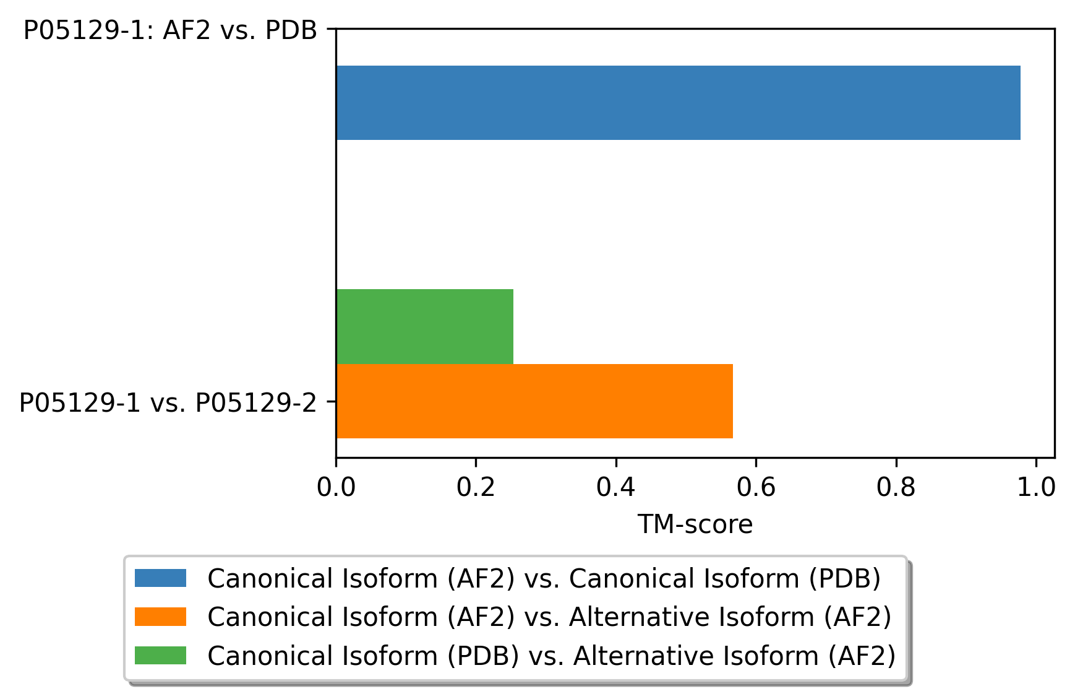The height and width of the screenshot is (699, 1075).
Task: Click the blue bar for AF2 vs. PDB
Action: click(678, 103)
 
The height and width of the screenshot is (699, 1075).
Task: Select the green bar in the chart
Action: click(425, 326)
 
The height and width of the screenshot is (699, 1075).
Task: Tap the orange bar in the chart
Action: click(534, 401)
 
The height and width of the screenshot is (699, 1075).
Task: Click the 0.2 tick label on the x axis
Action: click(476, 488)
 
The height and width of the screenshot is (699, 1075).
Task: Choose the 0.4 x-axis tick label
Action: click(616, 488)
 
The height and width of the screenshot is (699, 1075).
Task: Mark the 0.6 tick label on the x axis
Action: click(756, 488)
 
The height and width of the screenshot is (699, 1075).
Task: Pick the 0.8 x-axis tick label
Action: click(896, 488)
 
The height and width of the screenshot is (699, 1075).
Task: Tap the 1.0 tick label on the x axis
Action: click(1036, 488)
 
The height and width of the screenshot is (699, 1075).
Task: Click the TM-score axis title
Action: click(695, 524)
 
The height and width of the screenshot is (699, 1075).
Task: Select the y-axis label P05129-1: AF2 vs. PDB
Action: click(170, 30)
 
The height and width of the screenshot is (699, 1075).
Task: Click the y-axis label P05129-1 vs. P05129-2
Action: click(168, 403)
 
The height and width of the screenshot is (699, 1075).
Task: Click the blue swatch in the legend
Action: click(160, 578)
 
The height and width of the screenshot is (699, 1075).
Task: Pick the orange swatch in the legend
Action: click(160, 617)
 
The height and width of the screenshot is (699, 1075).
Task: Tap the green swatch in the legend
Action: click(160, 655)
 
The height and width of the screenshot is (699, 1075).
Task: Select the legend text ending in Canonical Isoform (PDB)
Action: click(544, 579)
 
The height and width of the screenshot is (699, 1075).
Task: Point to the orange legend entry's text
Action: click(549, 617)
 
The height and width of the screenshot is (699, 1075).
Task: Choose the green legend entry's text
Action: click(552, 656)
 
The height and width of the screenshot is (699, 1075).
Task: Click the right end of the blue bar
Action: click(1021, 103)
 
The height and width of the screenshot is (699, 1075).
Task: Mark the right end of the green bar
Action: click(513, 326)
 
